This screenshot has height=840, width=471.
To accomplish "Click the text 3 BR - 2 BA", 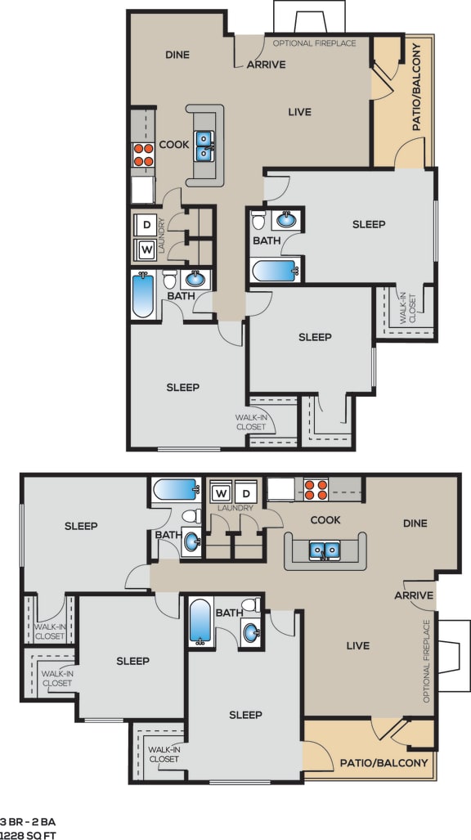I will [x=27, y=820].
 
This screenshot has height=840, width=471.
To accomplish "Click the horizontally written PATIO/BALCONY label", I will [x=384, y=762].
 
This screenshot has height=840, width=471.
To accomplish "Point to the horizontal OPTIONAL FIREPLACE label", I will [x=314, y=43].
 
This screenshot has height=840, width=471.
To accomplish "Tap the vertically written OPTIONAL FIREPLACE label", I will [x=426, y=662].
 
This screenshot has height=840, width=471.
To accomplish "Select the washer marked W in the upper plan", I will [x=147, y=249].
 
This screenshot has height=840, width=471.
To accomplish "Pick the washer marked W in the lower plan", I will [x=221, y=493].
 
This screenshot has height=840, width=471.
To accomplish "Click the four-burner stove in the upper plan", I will [x=144, y=155].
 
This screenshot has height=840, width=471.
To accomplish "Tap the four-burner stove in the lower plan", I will [x=316, y=489].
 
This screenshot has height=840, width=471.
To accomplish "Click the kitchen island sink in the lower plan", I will [x=325, y=550].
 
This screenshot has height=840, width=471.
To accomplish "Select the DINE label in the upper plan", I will [x=177, y=55].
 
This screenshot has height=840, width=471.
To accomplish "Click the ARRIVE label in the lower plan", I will [x=414, y=595].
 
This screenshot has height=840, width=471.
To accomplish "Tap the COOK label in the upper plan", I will [x=174, y=145].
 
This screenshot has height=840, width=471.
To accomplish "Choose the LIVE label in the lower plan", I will [x=357, y=645].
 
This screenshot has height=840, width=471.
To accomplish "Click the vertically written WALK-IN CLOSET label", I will [x=406, y=308].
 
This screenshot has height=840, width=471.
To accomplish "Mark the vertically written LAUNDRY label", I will [x=162, y=236].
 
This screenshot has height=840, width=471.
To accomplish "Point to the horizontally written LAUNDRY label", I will [x=235, y=508].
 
